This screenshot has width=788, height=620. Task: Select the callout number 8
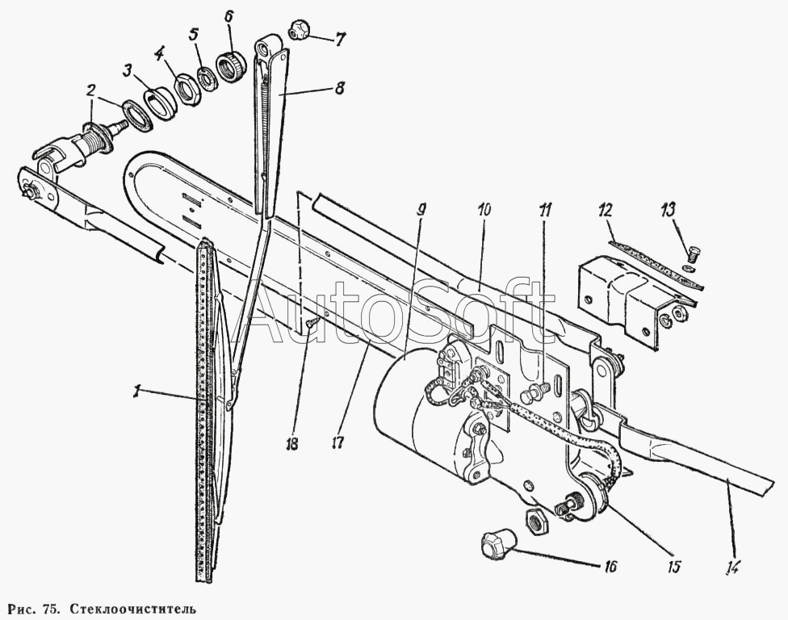pos(339,89)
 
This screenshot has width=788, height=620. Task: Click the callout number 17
pos(336,442)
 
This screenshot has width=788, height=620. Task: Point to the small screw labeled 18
pos(313,324)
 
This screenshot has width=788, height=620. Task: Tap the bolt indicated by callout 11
pos(534,395)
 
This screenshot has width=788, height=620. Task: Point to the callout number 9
pos(420,209)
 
